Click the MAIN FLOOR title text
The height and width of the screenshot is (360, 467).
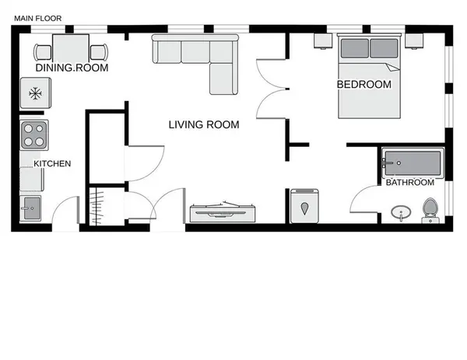pos(38,19)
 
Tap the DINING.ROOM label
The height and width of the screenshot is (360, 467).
pos(72,68)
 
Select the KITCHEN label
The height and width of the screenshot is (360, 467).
pos(52,163)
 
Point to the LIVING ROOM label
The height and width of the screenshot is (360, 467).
pos(204,124)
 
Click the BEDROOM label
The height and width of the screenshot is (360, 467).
pos(364,85)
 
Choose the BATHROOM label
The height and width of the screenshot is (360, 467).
pos(410,183)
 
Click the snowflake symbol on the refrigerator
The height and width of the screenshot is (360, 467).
pos(36,93)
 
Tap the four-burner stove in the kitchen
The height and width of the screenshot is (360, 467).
pos(34,135)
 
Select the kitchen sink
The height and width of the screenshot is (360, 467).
pos(30,208)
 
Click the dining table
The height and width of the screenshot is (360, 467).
pos(71,49)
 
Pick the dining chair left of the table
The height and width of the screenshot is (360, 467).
pos(42,52)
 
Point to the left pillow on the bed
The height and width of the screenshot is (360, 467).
pos(354,48)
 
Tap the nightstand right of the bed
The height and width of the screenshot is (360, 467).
pos(414,40)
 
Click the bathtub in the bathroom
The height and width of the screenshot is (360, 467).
pos(413,163)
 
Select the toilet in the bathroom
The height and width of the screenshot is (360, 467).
pos(430,211)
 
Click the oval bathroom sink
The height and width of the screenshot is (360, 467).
pos(401,213)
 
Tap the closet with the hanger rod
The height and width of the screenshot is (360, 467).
pos(107,206)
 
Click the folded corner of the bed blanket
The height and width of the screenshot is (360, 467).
pos(393,68)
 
